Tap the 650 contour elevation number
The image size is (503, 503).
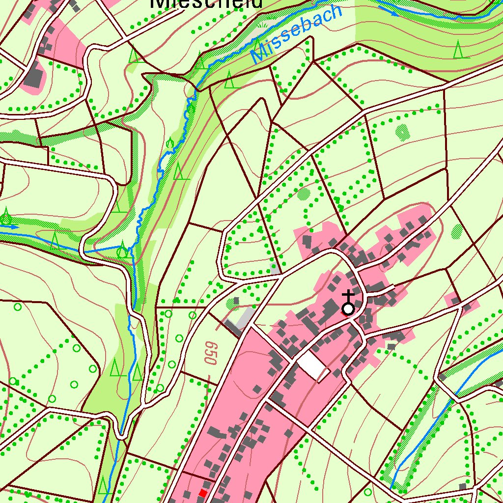211,353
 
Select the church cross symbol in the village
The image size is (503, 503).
348,297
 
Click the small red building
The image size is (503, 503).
202,493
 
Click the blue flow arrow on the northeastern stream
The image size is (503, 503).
393,14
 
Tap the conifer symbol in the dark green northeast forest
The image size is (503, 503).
458,50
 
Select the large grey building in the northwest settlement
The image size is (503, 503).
33,77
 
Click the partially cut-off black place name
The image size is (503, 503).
206,4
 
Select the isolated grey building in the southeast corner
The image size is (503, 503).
462,486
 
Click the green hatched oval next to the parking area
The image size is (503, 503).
231,303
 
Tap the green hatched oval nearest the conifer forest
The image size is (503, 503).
402,131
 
